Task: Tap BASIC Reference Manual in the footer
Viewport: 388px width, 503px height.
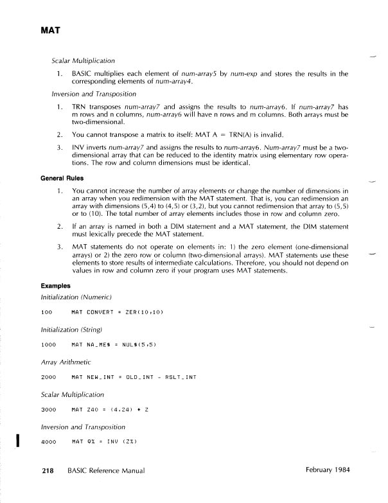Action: pos(105,471)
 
